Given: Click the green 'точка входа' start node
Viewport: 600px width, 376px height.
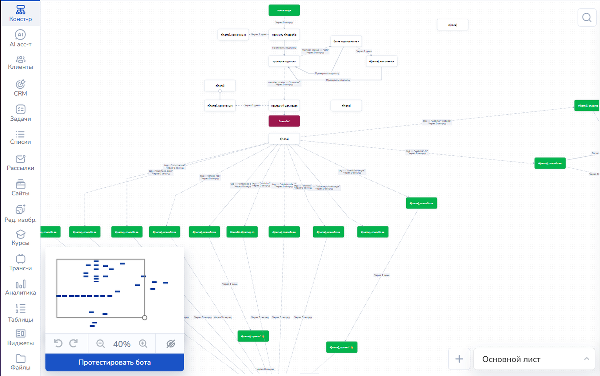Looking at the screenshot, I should pos(284,10).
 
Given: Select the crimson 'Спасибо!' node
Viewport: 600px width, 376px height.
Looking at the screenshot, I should pos(284,121).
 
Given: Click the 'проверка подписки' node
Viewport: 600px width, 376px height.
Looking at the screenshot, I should pos(284,61).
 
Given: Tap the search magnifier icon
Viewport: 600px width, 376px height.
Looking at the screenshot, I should pos(586,18).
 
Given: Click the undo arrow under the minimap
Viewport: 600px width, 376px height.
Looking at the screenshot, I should pos(58,343).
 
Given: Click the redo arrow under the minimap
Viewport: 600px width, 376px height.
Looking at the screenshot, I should pos(74,343).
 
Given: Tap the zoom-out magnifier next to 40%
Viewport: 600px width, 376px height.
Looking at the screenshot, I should pos(100,344).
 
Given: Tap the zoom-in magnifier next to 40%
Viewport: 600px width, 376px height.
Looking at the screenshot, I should pos(143,344).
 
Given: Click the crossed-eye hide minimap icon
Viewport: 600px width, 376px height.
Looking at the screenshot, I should pos(170,344).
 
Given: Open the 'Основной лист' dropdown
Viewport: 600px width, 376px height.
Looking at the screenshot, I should pos(534,359).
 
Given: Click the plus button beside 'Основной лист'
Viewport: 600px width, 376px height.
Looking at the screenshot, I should pos(460,359).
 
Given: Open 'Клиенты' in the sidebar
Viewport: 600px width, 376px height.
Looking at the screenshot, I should pos(20,62).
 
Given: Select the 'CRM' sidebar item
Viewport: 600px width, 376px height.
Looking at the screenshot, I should pos(20,88).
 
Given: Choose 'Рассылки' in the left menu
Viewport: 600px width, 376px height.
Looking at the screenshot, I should pos(20,163).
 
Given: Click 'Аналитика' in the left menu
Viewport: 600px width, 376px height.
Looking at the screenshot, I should pos(20,288).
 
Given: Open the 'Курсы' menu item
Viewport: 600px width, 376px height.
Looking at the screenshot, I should pos(20,238).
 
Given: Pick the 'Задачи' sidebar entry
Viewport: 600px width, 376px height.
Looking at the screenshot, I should pos(20,113).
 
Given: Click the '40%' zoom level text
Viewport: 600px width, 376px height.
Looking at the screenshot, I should pos(122,344).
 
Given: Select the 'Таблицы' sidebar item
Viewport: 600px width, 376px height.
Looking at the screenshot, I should pos(20,313).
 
